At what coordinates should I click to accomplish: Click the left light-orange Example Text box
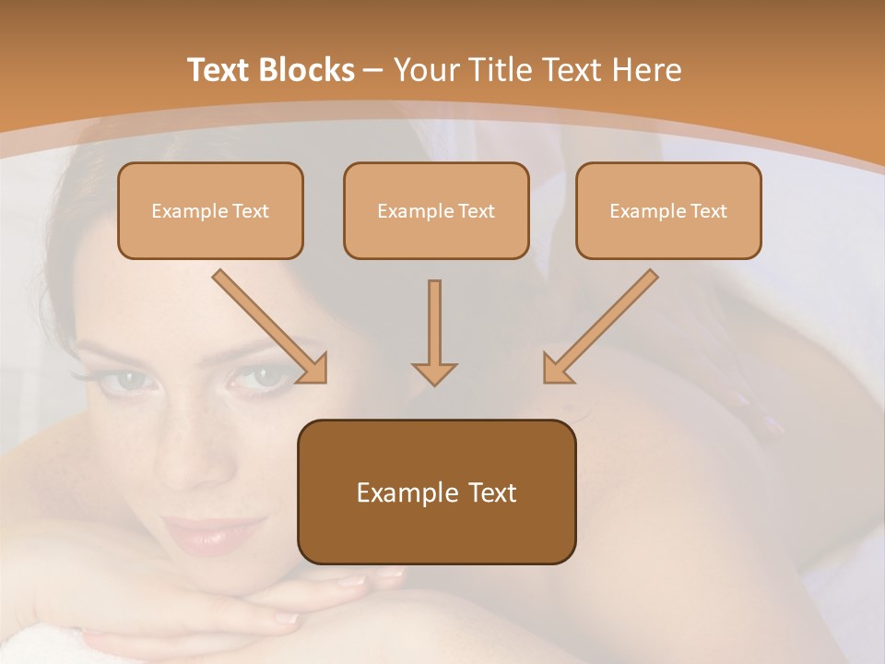pos(210,210)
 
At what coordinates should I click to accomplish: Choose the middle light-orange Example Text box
pos(436,210)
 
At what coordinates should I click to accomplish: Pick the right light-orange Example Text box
pos(668,210)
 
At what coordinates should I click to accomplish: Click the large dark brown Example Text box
pos(436,492)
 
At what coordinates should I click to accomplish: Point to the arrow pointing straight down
pos(434,332)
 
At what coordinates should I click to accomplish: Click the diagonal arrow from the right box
pos(599,327)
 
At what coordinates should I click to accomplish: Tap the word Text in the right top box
pos(708,211)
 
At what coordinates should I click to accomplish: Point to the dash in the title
pos(374,70)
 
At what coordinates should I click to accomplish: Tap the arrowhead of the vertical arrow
pos(434,373)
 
